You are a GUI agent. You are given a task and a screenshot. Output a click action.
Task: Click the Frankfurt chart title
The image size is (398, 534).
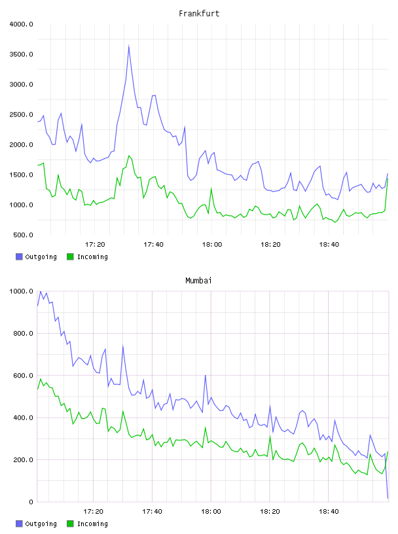(x=199, y=13)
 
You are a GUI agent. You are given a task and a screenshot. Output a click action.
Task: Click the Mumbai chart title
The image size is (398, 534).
(x=198, y=280)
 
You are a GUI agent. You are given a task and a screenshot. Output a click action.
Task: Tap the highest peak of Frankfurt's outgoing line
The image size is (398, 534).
(x=129, y=45)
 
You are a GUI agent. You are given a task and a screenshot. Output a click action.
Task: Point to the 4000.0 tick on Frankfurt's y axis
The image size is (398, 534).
(x=21, y=24)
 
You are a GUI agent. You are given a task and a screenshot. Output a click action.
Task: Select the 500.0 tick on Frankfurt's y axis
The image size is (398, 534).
(x=23, y=235)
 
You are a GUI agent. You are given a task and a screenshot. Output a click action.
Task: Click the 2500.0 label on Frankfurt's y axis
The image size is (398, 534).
(x=21, y=115)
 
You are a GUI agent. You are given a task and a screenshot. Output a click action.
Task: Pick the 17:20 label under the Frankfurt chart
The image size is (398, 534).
(x=95, y=244)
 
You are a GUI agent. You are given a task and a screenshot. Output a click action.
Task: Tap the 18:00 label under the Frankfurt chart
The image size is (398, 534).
(x=212, y=244)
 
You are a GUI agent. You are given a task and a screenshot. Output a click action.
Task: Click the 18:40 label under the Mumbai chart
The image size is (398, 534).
(x=329, y=511)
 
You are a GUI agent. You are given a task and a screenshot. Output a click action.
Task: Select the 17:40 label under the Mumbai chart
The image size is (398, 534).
(x=152, y=511)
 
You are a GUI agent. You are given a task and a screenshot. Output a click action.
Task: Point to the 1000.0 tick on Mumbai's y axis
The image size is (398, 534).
(x=21, y=291)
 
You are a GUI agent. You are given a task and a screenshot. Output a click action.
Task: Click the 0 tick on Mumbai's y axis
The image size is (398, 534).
(x=31, y=502)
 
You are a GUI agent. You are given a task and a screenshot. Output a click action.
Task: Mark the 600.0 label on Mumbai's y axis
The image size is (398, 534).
(x=23, y=375)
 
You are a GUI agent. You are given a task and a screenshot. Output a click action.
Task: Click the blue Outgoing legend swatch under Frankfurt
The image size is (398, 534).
(x=19, y=257)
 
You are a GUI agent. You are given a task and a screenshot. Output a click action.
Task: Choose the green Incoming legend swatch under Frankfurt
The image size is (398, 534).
(x=70, y=257)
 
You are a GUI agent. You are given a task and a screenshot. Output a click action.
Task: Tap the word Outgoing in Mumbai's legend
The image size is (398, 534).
(x=41, y=524)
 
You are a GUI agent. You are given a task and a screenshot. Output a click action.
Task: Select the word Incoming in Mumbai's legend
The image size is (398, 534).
(x=92, y=524)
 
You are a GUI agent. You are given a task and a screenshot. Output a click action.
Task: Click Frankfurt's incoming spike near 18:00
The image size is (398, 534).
(x=211, y=188)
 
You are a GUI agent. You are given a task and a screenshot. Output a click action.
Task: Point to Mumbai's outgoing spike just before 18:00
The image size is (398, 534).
(x=206, y=375)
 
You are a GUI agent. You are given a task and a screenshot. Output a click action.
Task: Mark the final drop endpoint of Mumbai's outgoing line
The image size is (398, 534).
(x=388, y=498)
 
